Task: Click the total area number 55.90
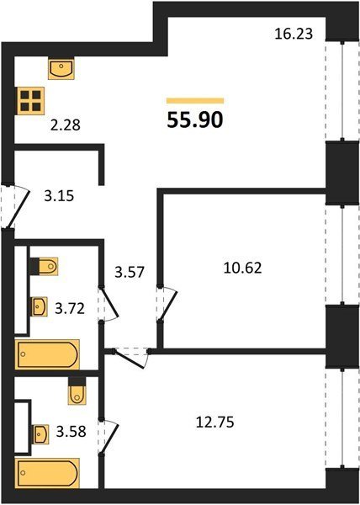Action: [195, 120]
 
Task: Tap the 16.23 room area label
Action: [294, 34]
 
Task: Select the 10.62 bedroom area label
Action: [242, 268]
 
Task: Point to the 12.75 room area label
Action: [214, 423]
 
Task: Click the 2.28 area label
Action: [66, 125]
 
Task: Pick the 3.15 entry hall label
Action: [59, 196]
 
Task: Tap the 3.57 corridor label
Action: [130, 273]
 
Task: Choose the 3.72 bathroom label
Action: [70, 309]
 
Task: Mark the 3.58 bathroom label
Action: [71, 432]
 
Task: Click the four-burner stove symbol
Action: [31, 100]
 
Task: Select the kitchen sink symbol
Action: [61, 68]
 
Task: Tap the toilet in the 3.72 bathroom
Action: [45, 266]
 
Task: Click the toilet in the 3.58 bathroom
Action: [77, 391]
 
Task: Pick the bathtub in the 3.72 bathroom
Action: [47, 354]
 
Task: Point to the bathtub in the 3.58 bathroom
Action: [47, 473]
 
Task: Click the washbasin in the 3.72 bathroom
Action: [40, 306]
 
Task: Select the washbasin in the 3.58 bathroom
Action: [40, 434]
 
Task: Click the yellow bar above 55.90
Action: [195, 101]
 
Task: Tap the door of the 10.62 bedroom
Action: [167, 305]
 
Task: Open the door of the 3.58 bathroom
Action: [109, 438]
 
